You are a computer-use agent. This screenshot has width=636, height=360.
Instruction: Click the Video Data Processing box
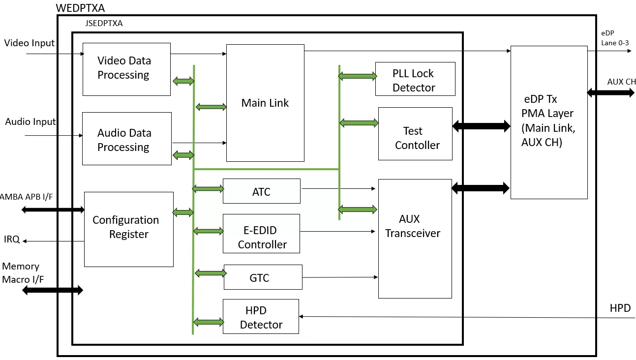pos(126,69)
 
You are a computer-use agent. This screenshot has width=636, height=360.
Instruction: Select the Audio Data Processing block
pos(127,139)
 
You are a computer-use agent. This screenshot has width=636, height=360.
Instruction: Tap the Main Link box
pos(265,103)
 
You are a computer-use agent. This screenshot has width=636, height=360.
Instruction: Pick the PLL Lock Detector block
pos(415,79)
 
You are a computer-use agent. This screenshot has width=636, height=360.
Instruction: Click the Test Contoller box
pos(415,134)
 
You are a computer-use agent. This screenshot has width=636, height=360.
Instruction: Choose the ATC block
pos(262,191)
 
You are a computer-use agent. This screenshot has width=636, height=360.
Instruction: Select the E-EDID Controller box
pos(261,234)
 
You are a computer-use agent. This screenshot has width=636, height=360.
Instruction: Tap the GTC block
pos(263,277)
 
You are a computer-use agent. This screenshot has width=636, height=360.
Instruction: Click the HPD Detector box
pos(261,317)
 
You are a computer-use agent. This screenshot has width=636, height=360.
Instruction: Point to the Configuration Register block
pos(128,229)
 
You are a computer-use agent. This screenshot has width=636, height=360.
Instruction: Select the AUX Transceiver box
pos(415,239)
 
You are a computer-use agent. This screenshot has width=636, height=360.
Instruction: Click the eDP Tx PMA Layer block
pos(549,122)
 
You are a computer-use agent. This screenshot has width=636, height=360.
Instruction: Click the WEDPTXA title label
pos(80,8)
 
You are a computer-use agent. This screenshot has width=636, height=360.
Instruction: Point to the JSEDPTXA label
pos(104,23)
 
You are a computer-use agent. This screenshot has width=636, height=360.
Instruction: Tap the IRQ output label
pos(12,240)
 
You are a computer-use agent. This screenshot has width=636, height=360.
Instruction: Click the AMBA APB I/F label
pos(26,197)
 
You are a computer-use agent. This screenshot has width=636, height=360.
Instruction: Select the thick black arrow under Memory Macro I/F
pos(53,290)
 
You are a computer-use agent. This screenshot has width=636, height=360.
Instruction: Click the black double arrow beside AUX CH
pos(610,92)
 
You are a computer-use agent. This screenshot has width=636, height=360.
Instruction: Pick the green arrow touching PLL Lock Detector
pos(358,76)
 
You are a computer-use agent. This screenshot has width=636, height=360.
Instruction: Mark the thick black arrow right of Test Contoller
pos(481,126)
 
